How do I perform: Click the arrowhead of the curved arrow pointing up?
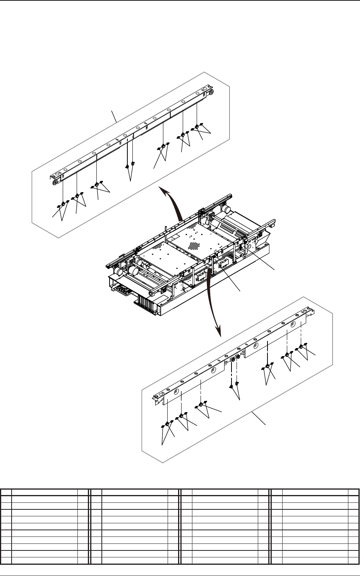161,189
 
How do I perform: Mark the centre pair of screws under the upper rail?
130,165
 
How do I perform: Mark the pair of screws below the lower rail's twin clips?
234,385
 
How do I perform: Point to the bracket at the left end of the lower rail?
158,397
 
